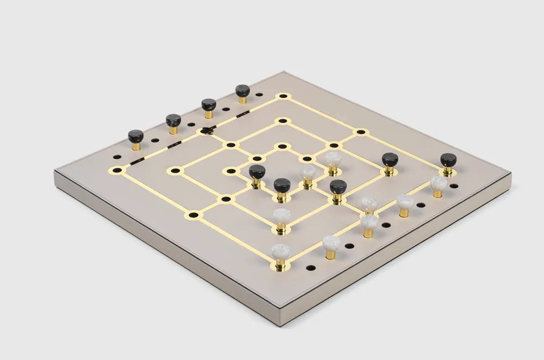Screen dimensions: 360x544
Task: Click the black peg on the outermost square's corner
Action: point(448,161)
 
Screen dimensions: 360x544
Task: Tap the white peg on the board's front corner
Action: point(281,253)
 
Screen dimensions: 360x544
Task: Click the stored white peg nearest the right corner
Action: point(438,183)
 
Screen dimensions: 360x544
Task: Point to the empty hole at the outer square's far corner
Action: point(283,96)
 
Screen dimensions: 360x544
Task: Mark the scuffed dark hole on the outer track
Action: point(206,130)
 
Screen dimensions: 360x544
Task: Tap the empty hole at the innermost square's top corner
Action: point(282,146)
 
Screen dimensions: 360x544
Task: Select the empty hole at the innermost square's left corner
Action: point(231,171)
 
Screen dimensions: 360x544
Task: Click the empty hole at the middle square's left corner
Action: point(175,171)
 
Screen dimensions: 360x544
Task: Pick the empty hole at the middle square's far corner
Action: point(282,121)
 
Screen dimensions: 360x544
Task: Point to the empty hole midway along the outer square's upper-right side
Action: point(361,132)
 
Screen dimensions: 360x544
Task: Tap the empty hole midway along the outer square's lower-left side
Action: point(194,215)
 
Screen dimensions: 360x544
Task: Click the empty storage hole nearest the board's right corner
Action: point(454,185)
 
